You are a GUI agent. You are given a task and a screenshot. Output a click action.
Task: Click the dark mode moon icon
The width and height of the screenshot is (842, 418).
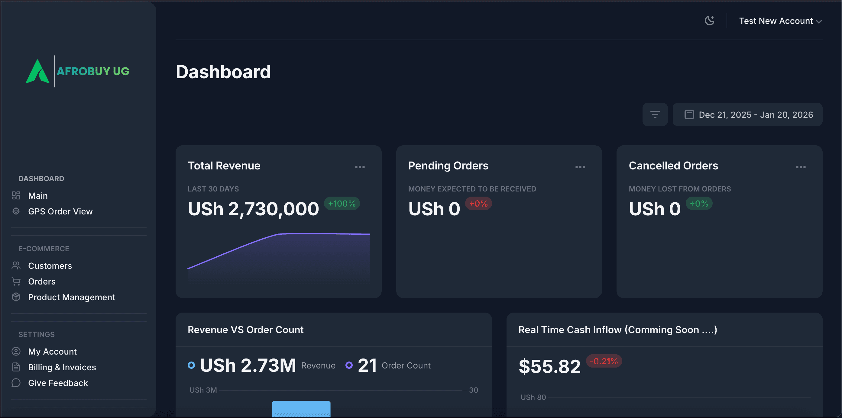click(x=709, y=21)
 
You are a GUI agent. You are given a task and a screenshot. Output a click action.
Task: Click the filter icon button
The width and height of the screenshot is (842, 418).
click(x=655, y=115)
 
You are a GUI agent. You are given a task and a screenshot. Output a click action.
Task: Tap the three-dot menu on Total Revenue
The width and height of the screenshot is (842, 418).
click(x=360, y=167)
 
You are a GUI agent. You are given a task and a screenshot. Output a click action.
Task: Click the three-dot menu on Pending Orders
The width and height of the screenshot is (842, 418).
click(x=580, y=167)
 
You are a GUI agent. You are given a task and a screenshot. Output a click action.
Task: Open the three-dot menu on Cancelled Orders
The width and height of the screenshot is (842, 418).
click(x=801, y=167)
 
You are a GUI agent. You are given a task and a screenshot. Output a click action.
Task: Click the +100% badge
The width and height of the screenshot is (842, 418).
click(x=342, y=204)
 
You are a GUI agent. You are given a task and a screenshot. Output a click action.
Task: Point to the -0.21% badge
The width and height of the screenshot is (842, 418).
click(x=604, y=361)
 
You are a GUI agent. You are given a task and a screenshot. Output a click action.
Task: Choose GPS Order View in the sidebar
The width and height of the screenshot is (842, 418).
click(x=60, y=212)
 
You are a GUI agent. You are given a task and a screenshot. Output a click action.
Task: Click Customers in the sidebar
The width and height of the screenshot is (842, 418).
click(x=50, y=266)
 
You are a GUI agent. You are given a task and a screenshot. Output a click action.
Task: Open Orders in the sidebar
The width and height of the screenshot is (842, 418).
click(x=41, y=281)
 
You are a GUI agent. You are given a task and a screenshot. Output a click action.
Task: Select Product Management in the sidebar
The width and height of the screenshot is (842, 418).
click(x=71, y=297)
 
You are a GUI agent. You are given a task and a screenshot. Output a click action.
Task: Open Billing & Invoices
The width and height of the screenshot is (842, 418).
click(x=62, y=367)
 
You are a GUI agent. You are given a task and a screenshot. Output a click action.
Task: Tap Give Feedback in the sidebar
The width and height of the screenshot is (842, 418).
click(x=58, y=383)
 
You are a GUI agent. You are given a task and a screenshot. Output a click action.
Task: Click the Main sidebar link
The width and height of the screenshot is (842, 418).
click(x=37, y=196)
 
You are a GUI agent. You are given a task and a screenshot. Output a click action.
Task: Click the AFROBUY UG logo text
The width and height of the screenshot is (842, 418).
click(x=93, y=71)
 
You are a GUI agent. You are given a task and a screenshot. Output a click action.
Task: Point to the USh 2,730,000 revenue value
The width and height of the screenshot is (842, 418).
click(x=253, y=209)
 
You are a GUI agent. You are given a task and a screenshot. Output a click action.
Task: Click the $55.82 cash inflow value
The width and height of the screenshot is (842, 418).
click(x=549, y=366)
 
